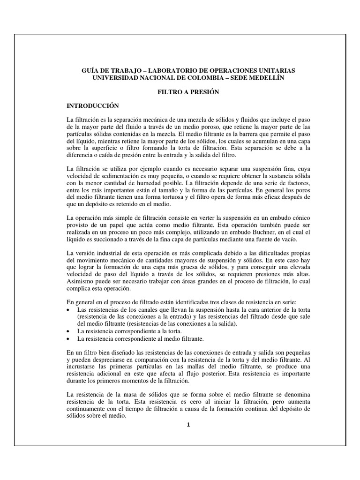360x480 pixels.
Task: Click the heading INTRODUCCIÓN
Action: (93, 106)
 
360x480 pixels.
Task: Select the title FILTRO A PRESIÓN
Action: (187, 92)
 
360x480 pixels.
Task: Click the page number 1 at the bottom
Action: (187, 425)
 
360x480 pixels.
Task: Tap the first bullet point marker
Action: (70, 311)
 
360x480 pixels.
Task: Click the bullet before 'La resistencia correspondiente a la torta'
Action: (70, 331)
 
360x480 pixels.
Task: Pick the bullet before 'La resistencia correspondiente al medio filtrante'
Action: (70, 338)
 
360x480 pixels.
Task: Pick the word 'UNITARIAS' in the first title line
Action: (279, 70)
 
